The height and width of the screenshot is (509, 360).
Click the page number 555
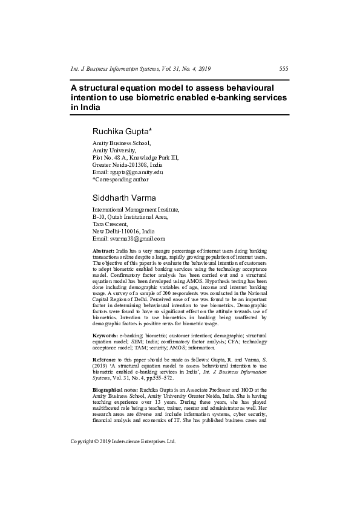click(283, 69)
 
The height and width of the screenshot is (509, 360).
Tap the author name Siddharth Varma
click(124, 198)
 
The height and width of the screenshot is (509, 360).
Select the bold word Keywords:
click(105, 335)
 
